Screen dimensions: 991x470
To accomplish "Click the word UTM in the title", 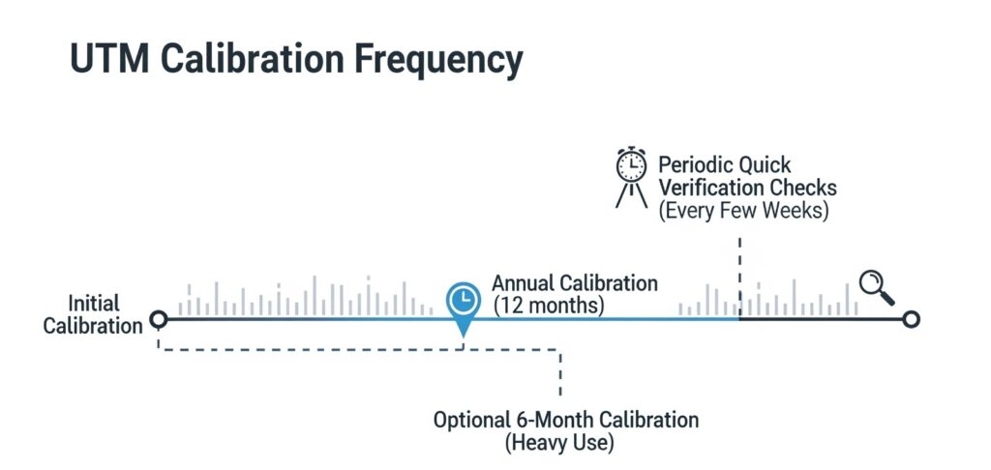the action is (x=110, y=59).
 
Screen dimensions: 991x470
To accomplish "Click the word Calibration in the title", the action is (x=252, y=59).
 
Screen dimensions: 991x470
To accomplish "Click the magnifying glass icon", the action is (x=877, y=287).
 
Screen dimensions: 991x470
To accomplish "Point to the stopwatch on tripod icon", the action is (x=631, y=178).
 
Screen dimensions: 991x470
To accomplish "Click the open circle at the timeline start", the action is (x=159, y=320).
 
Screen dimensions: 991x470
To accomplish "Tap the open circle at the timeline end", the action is (x=911, y=320).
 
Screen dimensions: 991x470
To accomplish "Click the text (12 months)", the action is (x=549, y=306).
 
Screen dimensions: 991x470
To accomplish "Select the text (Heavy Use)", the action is (x=559, y=443).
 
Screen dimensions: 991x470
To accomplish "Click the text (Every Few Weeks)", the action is (x=743, y=210).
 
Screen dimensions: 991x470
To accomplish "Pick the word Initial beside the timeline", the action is (x=94, y=303).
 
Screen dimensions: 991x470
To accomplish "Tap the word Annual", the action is (x=524, y=282).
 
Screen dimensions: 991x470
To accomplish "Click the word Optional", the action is (x=468, y=420).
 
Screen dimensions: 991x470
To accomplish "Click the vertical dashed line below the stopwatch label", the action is (x=739, y=276).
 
